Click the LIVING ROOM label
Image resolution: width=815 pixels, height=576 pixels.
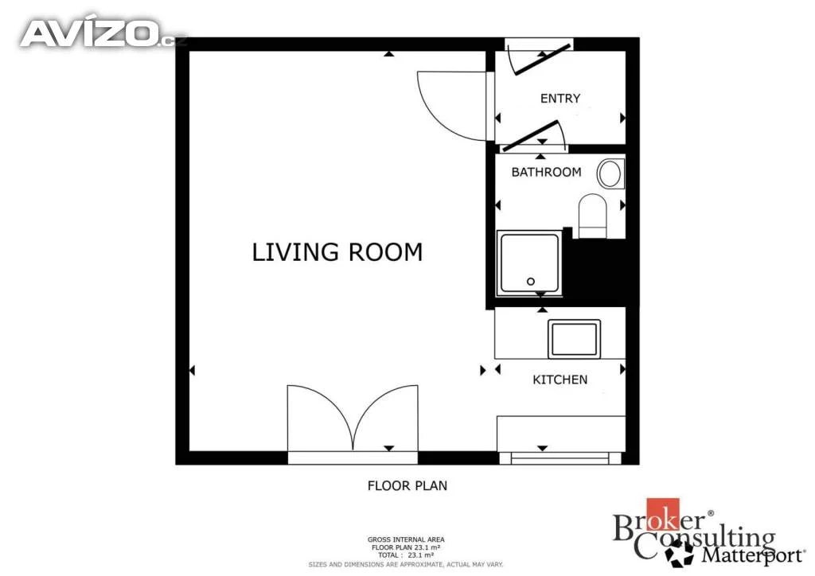337,252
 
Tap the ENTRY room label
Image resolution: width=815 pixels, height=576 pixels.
560,98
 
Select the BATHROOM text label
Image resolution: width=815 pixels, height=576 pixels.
546,172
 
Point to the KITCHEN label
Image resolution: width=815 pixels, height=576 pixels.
560,379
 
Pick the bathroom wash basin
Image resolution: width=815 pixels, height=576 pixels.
610,173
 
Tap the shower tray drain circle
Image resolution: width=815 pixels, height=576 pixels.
531,282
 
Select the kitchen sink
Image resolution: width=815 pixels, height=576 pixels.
574,339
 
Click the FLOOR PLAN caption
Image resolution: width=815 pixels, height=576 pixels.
407,485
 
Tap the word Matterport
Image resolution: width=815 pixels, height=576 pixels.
753,555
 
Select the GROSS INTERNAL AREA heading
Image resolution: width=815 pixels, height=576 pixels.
406,539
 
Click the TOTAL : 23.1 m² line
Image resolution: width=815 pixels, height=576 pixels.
406,555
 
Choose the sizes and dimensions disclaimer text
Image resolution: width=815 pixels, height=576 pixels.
406,564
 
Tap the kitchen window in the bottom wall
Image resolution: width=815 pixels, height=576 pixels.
560,458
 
